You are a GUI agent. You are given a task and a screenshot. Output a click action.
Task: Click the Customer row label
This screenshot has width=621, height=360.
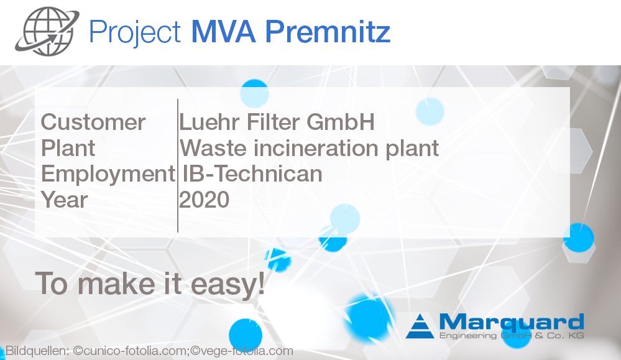(93, 122)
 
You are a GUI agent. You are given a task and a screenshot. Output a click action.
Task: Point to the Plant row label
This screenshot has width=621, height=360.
(68, 149)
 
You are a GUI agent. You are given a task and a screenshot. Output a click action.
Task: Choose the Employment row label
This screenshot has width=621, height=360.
(108, 175)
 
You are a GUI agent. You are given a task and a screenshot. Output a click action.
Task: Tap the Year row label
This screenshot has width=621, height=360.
(65, 200)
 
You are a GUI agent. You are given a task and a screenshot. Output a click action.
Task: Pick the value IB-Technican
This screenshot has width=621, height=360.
(252, 175)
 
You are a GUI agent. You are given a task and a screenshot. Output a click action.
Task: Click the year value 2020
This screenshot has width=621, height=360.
(205, 200)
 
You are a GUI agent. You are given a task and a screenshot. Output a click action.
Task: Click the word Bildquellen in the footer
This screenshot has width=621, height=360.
(37, 351)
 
